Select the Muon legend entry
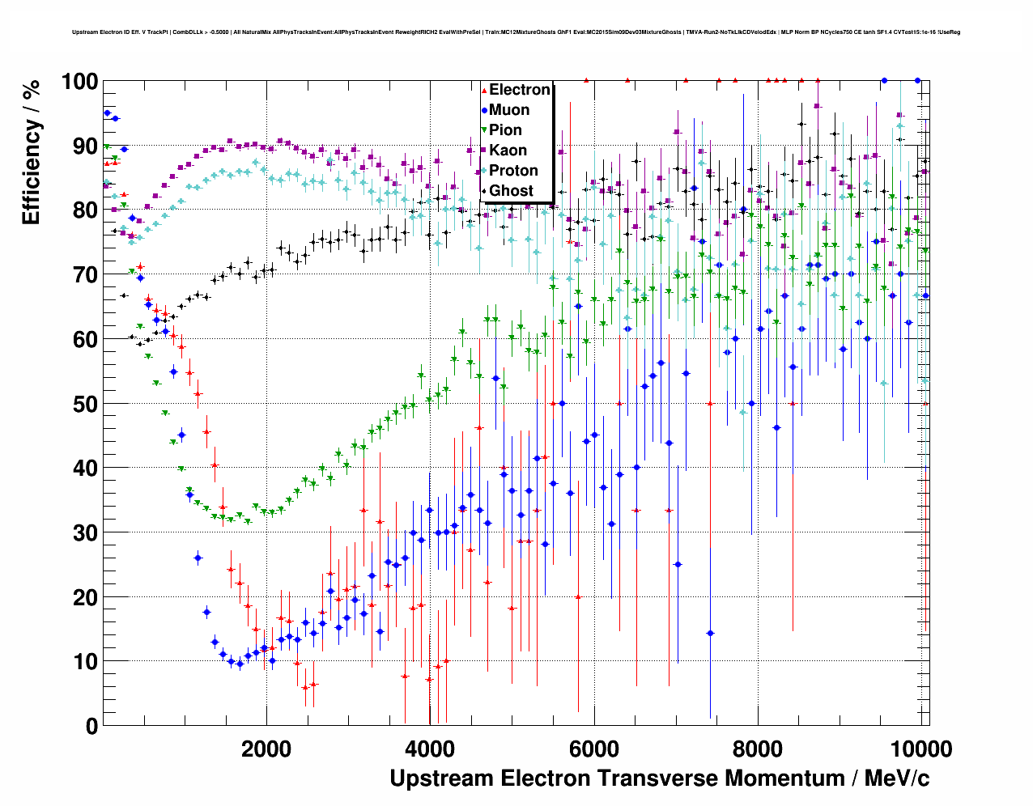(x=508, y=110)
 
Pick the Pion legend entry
(x=505, y=130)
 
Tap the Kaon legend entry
(x=508, y=151)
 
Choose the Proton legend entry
(x=513, y=171)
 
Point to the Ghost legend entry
(x=511, y=191)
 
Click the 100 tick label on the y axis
(x=79, y=82)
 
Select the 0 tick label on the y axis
(x=91, y=727)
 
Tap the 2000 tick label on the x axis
(x=266, y=749)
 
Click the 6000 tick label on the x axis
(x=594, y=749)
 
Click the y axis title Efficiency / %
(x=32, y=154)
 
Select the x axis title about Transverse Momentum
(x=659, y=778)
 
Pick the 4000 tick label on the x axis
(x=430, y=749)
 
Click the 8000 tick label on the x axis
(x=758, y=749)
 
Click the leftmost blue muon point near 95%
(x=107, y=113)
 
